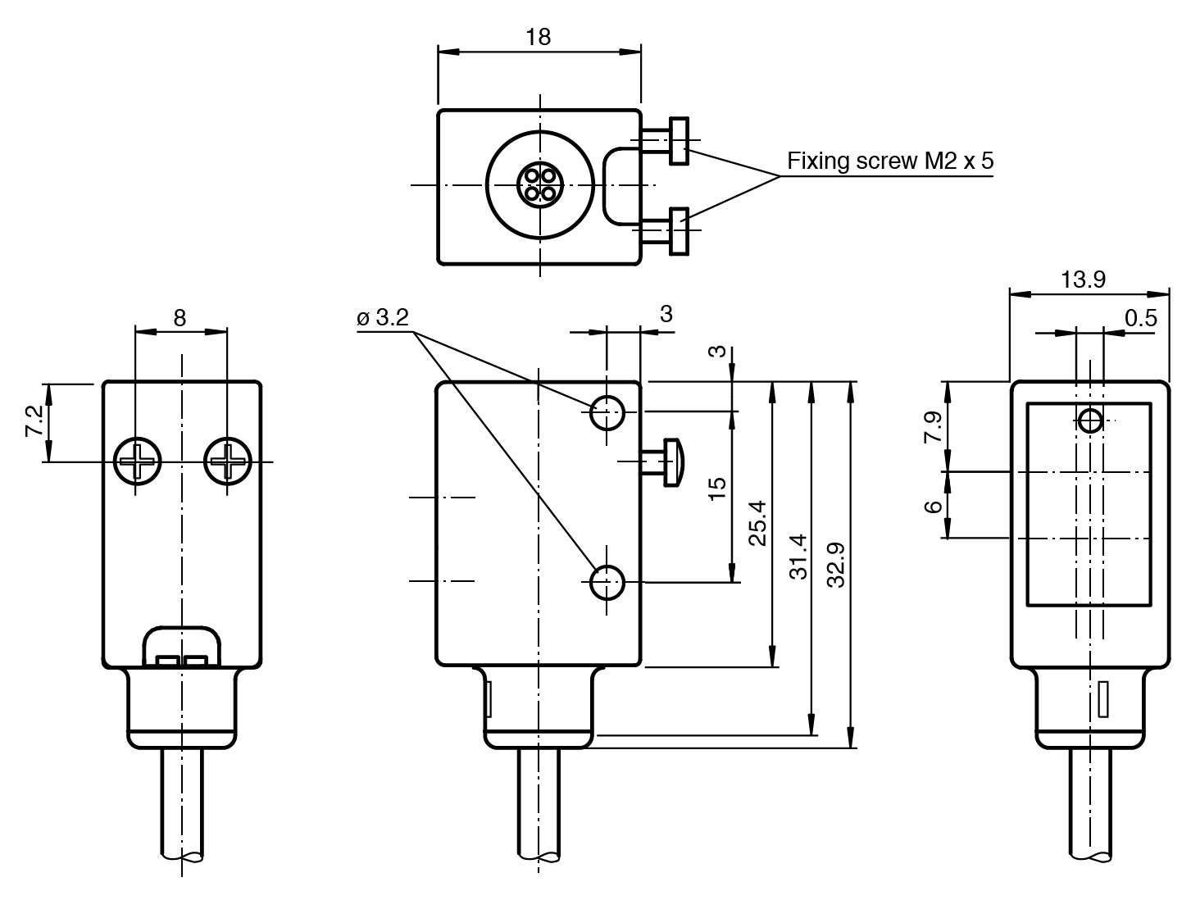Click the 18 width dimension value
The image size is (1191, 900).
point(539,37)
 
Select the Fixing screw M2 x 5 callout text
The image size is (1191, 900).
point(890,161)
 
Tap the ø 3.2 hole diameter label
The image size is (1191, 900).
point(383,318)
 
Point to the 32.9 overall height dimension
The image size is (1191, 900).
point(836,565)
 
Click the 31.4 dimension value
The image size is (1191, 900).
point(798,557)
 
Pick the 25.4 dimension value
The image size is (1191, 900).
point(758,524)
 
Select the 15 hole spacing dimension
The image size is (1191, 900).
point(717,484)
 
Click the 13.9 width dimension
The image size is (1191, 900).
point(1083,280)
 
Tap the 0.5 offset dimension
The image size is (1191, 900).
point(1140,318)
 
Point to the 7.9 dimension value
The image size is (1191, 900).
point(934,427)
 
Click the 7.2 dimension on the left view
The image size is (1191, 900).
point(35,421)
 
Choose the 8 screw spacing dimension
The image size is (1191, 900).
point(180,318)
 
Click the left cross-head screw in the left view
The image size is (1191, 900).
point(138,462)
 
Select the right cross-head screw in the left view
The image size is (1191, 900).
point(227,462)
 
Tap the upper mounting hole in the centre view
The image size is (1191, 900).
point(607,411)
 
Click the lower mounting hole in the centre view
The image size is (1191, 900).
point(607,583)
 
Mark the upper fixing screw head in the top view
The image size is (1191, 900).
point(679,141)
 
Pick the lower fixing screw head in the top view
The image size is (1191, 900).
point(679,230)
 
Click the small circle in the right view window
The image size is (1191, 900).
point(1090,421)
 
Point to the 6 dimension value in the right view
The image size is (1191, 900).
point(934,506)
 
